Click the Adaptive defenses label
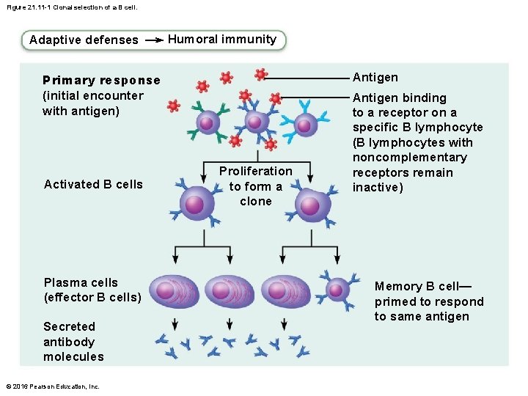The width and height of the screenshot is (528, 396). point(84,40)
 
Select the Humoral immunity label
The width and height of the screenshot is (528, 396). point(222,40)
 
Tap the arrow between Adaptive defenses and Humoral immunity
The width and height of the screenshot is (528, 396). point(154,41)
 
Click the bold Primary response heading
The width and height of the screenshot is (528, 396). point(101,80)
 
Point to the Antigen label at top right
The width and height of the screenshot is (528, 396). point(375,77)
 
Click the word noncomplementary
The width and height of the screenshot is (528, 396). point(409,158)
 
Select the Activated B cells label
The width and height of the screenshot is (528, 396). point(93,184)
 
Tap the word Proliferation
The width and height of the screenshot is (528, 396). point(255,171)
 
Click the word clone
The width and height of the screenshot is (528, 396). point(255,201)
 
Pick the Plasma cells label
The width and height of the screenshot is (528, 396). point(81,282)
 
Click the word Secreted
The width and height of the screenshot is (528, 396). point(69,326)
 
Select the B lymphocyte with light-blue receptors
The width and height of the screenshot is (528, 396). point(305,125)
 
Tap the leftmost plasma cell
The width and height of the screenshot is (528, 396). point(175,290)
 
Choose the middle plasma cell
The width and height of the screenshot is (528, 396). point(230,290)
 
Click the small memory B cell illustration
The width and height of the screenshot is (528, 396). point(338,290)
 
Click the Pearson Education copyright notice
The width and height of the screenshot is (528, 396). point(53,386)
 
